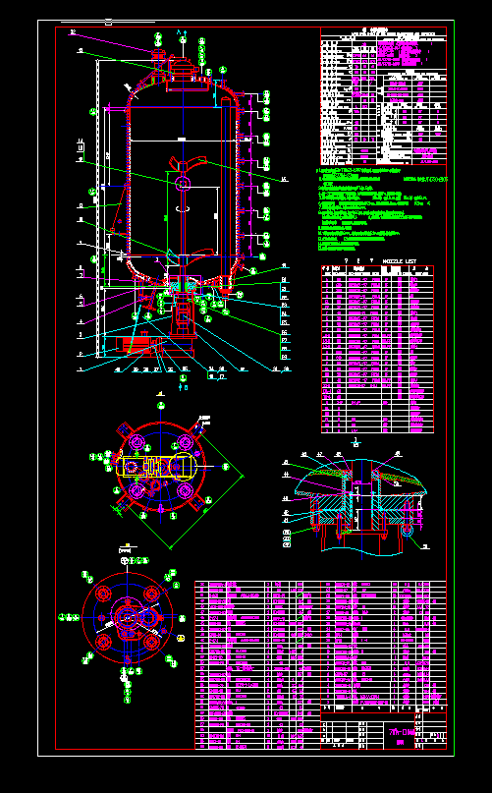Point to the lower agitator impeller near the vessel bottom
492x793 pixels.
pos(183,258)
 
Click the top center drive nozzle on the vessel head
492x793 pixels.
pos(183,68)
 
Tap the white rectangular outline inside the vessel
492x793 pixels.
pos(207,211)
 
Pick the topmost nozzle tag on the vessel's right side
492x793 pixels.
pos(266,97)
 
